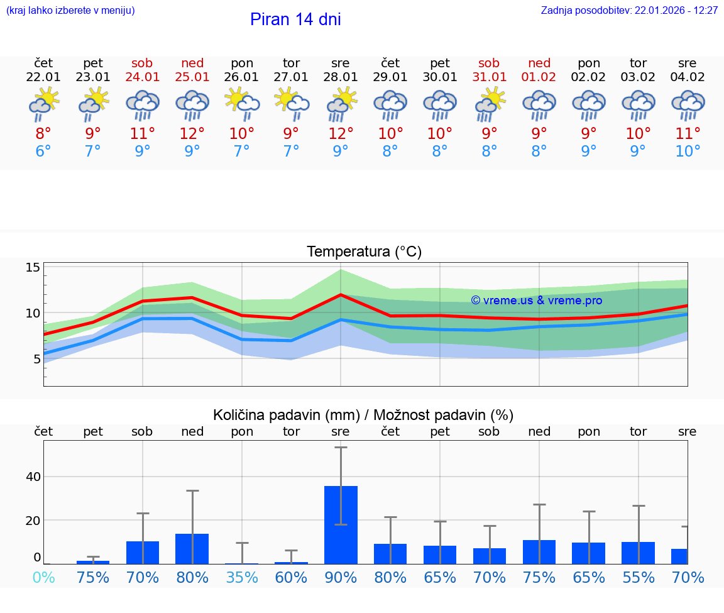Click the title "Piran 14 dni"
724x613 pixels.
point(295,19)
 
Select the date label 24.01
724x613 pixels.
point(143,77)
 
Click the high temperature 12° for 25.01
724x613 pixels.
point(192,134)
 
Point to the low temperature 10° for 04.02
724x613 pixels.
point(688,152)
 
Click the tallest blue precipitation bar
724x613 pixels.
point(341,525)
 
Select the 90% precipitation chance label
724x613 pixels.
point(341,577)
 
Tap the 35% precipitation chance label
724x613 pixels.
point(242,577)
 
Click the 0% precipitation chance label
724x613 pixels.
point(43,577)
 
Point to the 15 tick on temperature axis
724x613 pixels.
point(33,268)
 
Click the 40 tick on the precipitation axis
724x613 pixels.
point(33,477)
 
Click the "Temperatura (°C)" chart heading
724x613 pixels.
point(364,252)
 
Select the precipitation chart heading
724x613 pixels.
point(363,415)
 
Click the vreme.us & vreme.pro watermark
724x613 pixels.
point(537,301)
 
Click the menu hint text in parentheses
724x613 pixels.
point(70,11)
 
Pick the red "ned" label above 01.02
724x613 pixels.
point(539,63)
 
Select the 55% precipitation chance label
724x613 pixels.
point(639,577)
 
